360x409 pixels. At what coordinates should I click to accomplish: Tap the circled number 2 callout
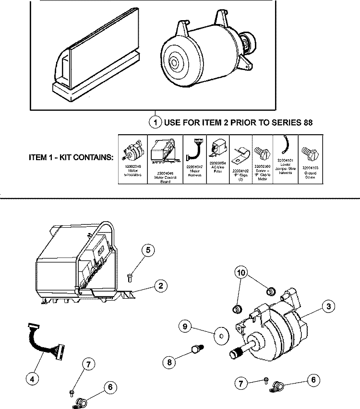coord(160,286)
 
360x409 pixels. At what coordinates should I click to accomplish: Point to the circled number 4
coord(32,379)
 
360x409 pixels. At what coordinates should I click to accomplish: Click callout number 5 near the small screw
coord(148,250)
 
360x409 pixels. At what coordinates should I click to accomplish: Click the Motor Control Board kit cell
coord(165,160)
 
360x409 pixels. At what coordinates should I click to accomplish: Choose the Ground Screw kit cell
coord(311,160)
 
